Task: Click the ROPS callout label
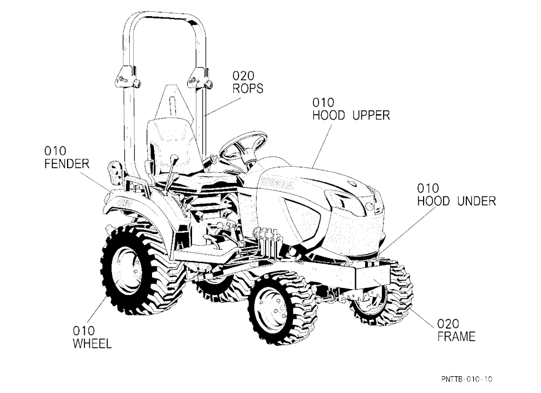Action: (x=248, y=88)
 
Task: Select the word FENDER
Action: (x=67, y=163)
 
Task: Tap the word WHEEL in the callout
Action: (x=92, y=344)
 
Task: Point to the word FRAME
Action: (x=456, y=336)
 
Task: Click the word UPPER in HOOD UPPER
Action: (x=371, y=115)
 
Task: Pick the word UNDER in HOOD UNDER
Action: (x=477, y=201)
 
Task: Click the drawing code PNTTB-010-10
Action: (x=467, y=379)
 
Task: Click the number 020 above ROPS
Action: (x=243, y=76)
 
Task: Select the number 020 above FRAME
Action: (x=448, y=324)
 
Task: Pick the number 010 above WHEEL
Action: (x=83, y=331)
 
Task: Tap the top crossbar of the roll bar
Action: (x=164, y=16)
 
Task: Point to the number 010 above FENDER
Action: (x=55, y=151)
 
